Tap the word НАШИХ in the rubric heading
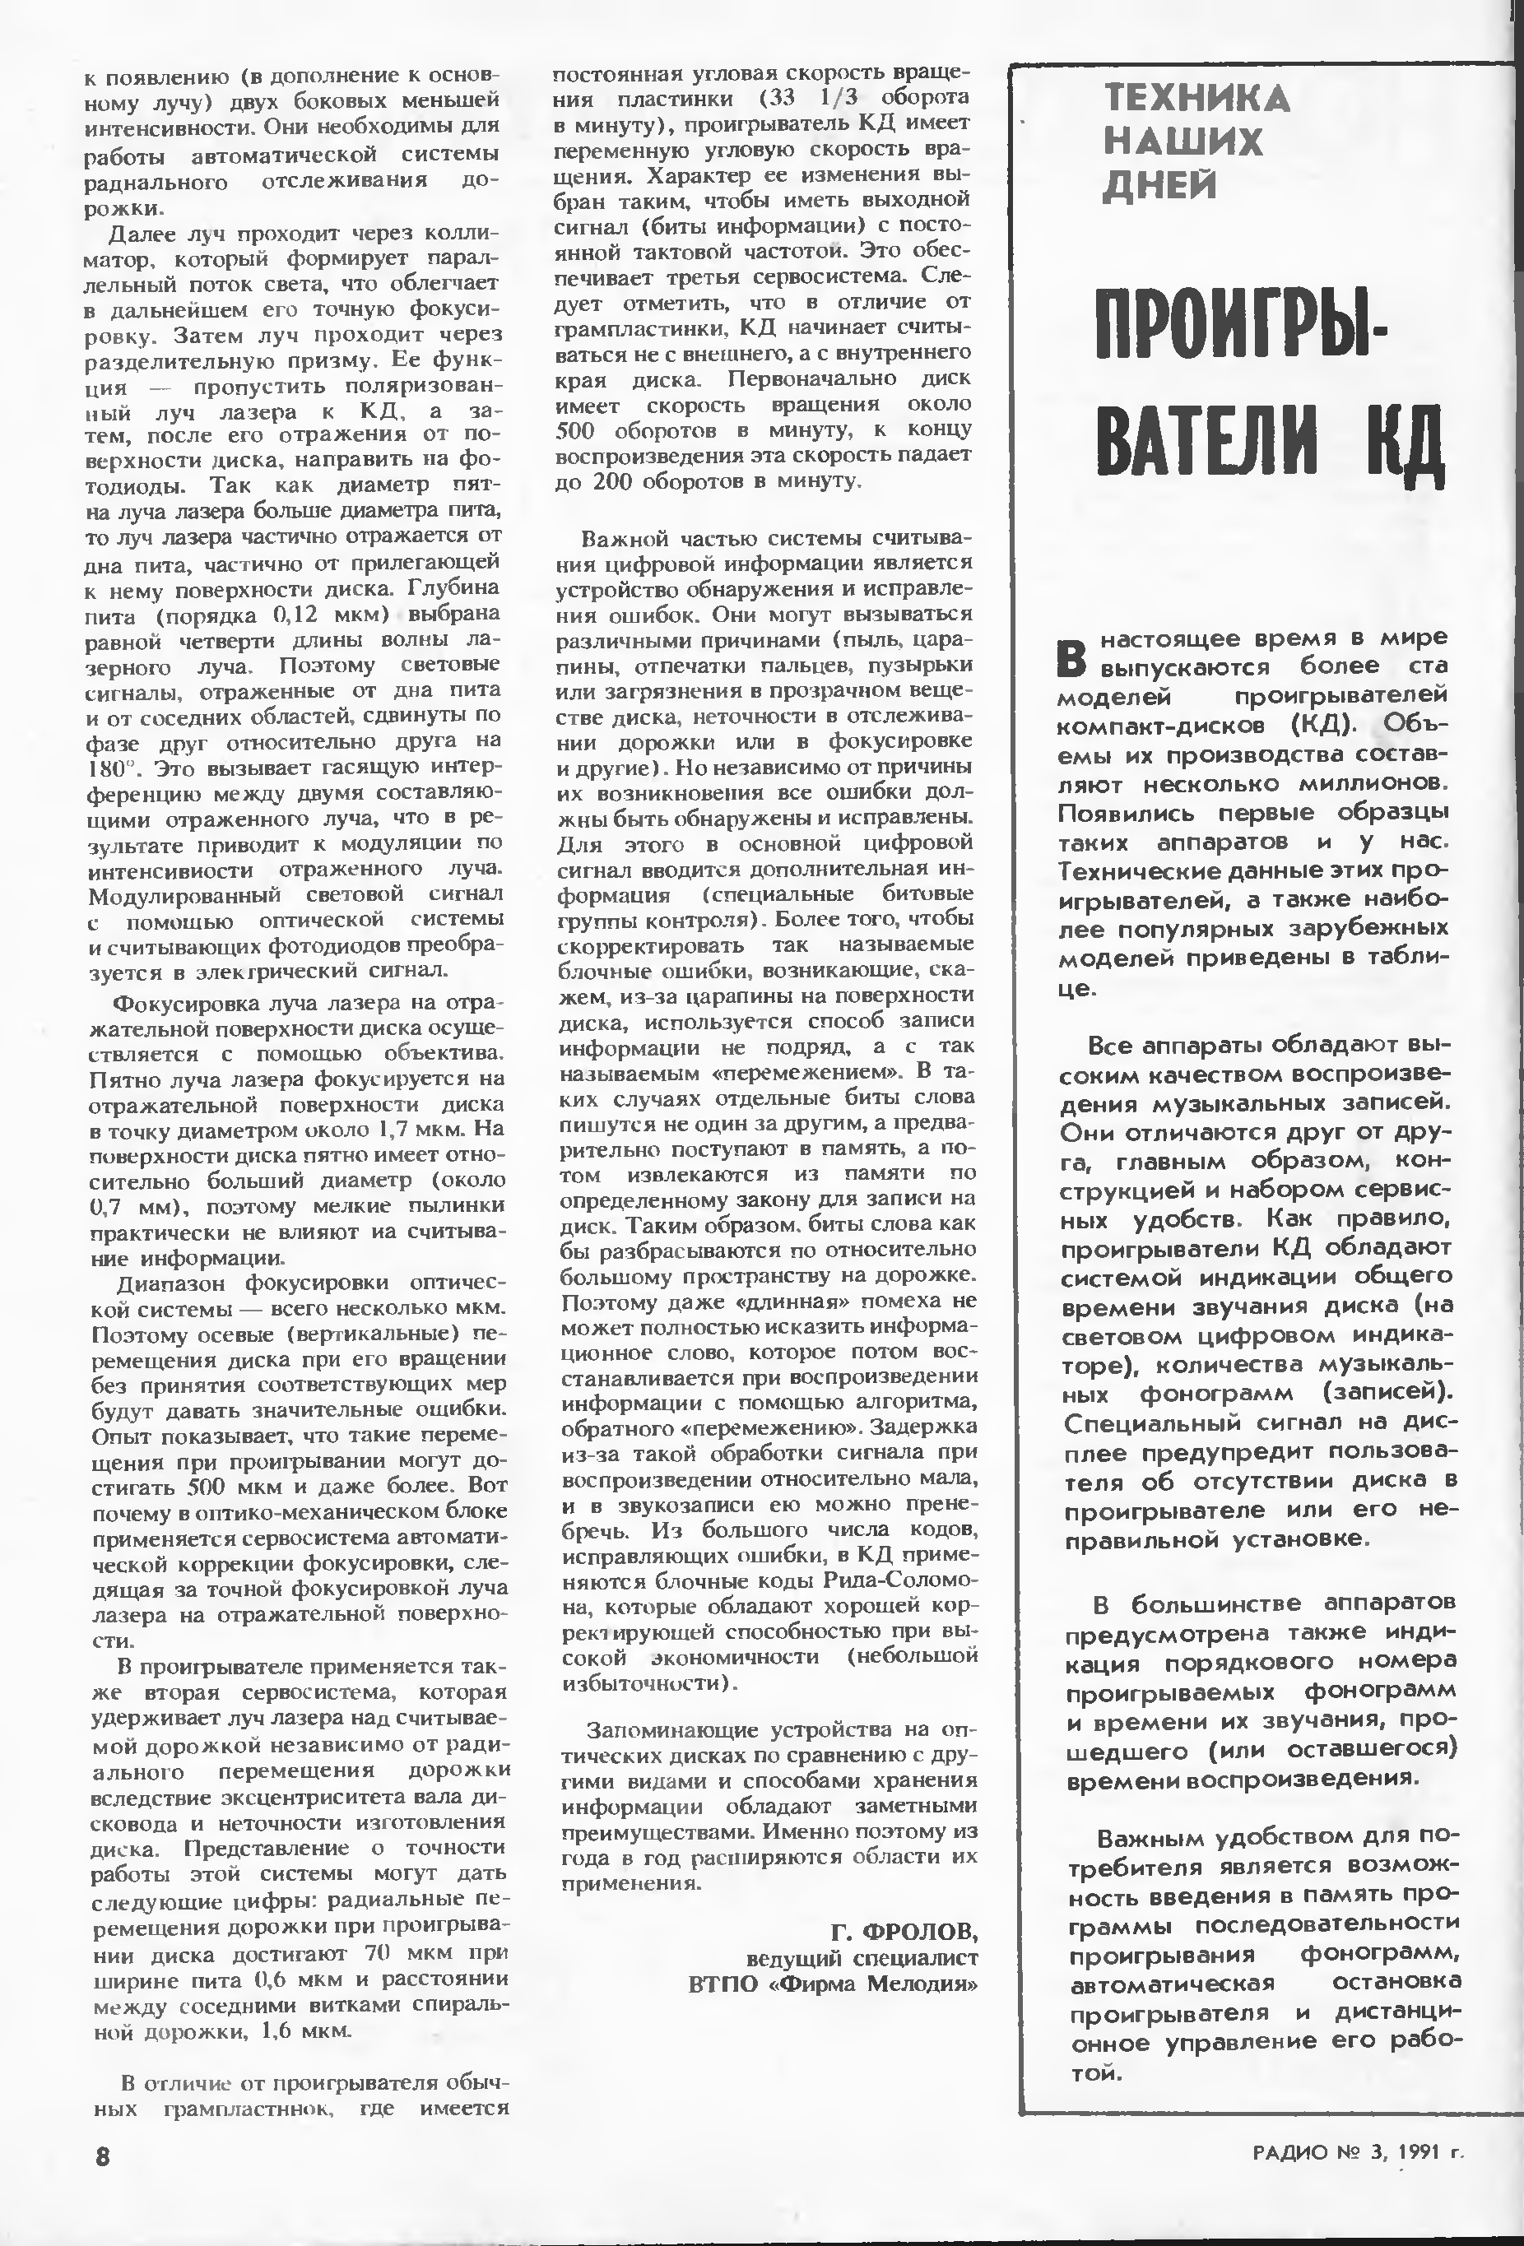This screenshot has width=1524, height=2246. click(1182, 143)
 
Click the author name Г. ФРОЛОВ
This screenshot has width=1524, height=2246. click(904, 1931)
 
